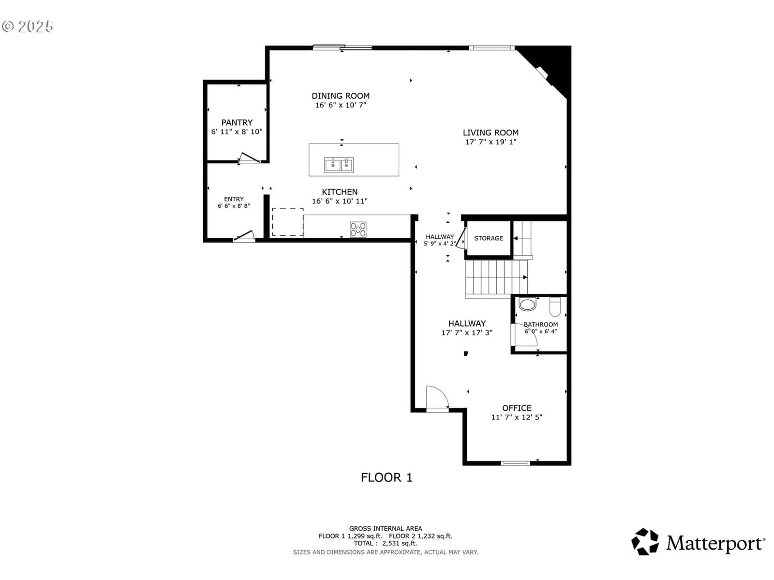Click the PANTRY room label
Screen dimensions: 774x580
(237, 123)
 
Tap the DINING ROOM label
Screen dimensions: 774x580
(341, 96)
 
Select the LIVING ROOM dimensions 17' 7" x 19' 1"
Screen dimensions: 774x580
(491, 142)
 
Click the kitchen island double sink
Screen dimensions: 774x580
(339, 165)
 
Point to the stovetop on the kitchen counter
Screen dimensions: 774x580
(358, 230)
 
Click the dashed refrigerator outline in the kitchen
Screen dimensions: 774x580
(287, 222)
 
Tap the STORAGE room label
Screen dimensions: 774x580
(489, 238)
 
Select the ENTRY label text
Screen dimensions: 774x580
(234, 199)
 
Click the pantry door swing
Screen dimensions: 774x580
(250, 158)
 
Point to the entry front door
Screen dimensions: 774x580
(244, 236)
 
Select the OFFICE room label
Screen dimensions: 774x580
(517, 408)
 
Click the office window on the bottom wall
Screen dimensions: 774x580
(515, 463)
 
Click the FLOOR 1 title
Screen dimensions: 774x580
(387, 478)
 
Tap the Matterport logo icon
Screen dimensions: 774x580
(645, 542)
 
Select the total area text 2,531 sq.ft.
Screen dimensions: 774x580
(400, 543)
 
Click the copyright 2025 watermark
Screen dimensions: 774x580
(28, 27)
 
